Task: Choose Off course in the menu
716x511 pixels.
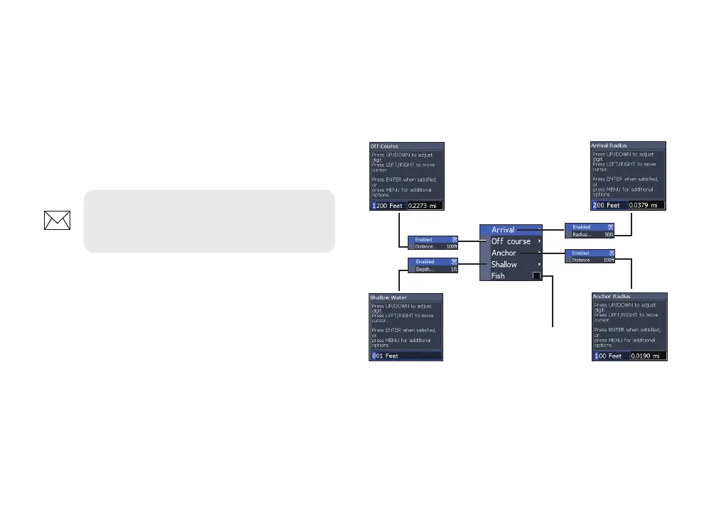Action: tap(511, 241)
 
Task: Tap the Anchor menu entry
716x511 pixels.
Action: tap(504, 253)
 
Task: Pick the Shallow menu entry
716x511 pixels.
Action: tap(504, 264)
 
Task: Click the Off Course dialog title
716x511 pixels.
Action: tap(385, 146)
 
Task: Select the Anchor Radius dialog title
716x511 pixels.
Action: tap(612, 296)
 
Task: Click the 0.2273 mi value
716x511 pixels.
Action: tap(425, 205)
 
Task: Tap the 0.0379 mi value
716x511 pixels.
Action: tap(647, 205)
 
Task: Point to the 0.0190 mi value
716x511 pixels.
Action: tap(647, 356)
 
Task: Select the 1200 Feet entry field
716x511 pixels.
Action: tap(387, 205)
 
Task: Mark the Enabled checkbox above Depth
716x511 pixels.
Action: tap(454, 262)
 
